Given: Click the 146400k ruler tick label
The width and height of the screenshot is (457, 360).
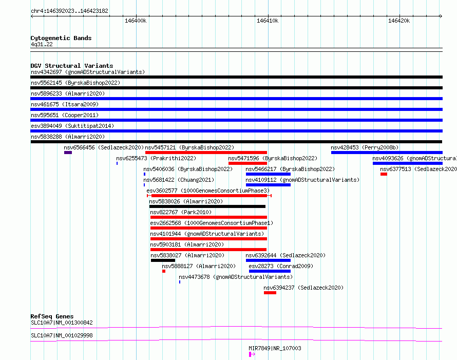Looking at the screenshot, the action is pyautogui.click(x=136, y=21).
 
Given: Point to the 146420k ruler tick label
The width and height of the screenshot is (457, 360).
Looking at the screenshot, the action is pyautogui.click(x=399, y=21).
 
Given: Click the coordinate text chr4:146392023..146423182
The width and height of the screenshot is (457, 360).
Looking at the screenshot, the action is pyautogui.click(x=70, y=11).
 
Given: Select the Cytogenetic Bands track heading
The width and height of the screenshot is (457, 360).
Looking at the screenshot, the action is pyautogui.click(x=61, y=38).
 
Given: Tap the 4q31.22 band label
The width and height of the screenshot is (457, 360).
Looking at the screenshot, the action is pyautogui.click(x=42, y=44).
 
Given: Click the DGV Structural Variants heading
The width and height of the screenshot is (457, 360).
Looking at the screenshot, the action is pyautogui.click(x=72, y=66).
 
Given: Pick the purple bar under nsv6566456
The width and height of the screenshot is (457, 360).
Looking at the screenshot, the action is pyautogui.click(x=68, y=153).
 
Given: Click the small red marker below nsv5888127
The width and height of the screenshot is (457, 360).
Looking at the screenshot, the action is pyautogui.click(x=164, y=271).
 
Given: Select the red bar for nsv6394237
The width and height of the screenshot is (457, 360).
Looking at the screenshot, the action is pyautogui.click(x=270, y=293).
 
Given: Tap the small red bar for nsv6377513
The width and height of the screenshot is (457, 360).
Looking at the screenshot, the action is pyautogui.click(x=384, y=174).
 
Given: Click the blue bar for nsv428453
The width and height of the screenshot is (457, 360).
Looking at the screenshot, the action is pyautogui.click(x=387, y=153).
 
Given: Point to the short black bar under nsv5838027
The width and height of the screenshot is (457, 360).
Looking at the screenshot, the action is pyautogui.click(x=163, y=260).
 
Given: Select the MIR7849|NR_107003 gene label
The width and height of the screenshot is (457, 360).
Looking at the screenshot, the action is pyautogui.click(x=275, y=348).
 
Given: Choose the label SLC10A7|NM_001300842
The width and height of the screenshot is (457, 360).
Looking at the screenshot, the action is pyautogui.click(x=62, y=323).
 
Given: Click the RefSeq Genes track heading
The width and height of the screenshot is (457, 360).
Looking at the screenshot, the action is pyautogui.click(x=52, y=316).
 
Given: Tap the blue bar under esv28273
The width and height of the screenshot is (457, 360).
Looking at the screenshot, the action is pyautogui.click(x=270, y=271).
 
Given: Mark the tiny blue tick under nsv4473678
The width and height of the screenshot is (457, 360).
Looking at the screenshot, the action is pyautogui.click(x=180, y=282).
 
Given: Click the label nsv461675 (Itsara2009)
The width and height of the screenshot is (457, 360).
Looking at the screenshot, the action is pyautogui.click(x=65, y=104).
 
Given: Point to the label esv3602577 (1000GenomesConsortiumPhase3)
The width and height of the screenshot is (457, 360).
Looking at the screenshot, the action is pyautogui.click(x=208, y=191).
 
